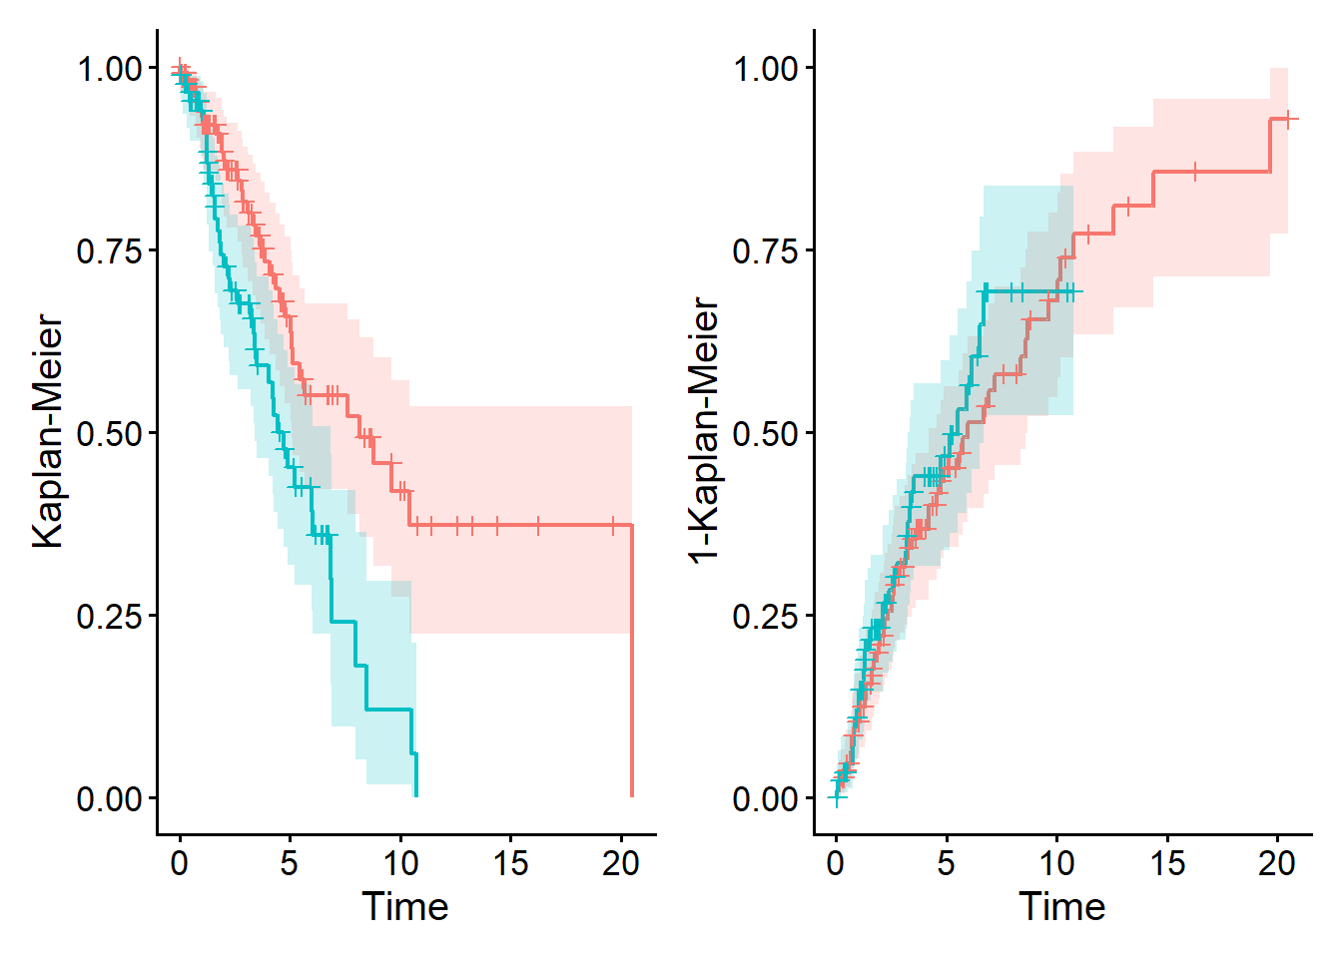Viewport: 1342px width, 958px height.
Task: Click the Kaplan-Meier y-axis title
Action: [x=47, y=431]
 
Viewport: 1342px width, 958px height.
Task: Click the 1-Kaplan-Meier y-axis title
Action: [x=704, y=431]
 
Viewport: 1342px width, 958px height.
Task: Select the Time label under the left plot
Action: [x=404, y=907]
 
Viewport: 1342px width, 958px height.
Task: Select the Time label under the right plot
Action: [x=1061, y=907]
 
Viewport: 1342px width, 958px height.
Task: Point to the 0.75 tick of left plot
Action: [x=110, y=250]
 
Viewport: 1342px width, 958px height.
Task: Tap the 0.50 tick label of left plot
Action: [x=110, y=433]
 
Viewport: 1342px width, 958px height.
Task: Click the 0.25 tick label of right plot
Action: [x=766, y=616]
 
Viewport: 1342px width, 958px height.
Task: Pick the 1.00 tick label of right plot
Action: [x=766, y=69]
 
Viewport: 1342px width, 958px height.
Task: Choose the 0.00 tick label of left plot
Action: [x=110, y=799]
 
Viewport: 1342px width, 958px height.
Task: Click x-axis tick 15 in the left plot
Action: [x=510, y=862]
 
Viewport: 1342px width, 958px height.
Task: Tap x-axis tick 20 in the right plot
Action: [x=1277, y=862]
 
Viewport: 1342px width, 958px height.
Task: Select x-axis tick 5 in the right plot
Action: [x=946, y=862]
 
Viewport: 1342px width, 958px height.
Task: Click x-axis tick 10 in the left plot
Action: [x=400, y=862]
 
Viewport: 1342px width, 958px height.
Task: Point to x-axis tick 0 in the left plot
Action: [x=179, y=862]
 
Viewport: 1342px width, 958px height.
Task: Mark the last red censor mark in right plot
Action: [x=1288, y=120]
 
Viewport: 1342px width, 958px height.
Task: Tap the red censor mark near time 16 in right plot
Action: [x=1194, y=173]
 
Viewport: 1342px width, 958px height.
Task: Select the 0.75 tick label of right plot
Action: [x=766, y=250]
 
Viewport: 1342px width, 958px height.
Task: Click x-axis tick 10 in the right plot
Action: [x=1057, y=862]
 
